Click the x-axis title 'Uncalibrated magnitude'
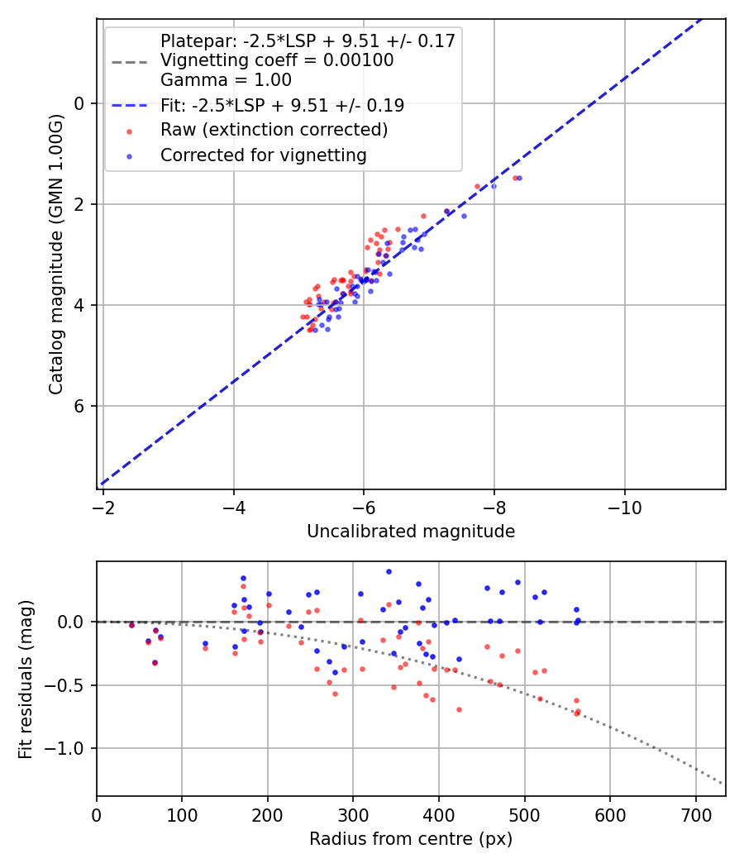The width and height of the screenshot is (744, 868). [411, 532]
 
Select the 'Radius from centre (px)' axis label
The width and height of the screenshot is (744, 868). [411, 839]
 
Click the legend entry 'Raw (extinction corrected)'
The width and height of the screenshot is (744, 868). [274, 130]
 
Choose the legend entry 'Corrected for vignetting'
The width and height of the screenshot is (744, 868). [264, 155]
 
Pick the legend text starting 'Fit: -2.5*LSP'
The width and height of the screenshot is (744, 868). [282, 105]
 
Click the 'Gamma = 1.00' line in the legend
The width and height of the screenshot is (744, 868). [226, 80]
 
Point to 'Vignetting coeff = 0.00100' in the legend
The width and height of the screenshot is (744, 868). [277, 60]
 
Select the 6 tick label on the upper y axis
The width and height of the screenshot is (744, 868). [80, 406]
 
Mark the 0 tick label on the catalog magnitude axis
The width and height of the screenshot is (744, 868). [80, 103]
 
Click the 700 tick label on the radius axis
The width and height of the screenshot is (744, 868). [695, 815]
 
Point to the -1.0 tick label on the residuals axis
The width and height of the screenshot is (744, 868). [70, 748]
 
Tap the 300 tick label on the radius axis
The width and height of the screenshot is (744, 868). [353, 815]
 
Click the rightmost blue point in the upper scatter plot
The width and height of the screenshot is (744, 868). [519, 178]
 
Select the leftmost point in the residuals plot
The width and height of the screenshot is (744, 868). [131, 625]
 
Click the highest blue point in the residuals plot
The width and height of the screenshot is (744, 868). [389, 571]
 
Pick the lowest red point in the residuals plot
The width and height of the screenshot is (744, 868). [576, 713]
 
